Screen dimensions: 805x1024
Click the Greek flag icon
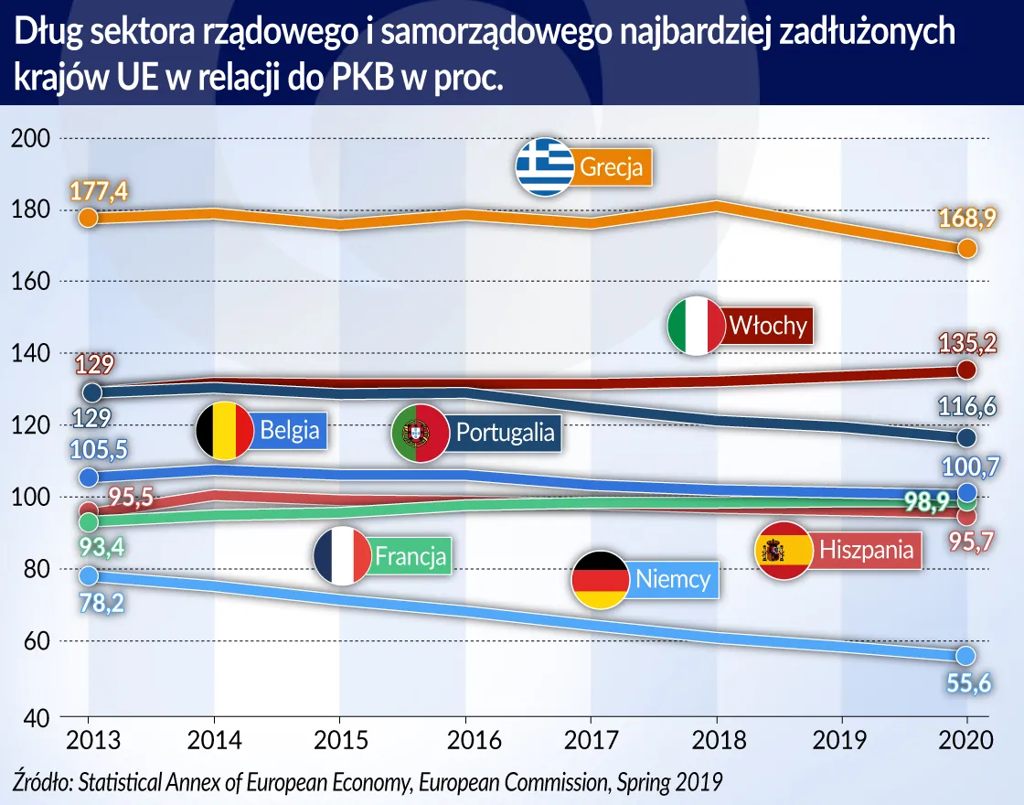coord(545,167)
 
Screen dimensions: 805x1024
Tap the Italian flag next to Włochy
coord(697,326)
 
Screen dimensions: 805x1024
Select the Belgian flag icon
coord(225,430)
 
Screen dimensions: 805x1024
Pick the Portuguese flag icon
coord(419,432)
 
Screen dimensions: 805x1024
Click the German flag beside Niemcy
coord(600,580)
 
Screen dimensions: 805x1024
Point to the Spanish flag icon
coord(784,550)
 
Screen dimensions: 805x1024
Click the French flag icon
coord(342,555)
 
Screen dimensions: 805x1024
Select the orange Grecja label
coord(612,168)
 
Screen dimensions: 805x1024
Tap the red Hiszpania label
coord(867,550)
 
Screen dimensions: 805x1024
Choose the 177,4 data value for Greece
coord(98,191)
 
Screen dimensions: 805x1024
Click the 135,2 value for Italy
coord(966,343)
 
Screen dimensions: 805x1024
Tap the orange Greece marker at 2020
coord(967,248)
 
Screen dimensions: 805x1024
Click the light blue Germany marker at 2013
coord(89,575)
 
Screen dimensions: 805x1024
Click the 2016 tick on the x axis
coord(465,740)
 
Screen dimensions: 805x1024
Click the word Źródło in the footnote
coord(43,781)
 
